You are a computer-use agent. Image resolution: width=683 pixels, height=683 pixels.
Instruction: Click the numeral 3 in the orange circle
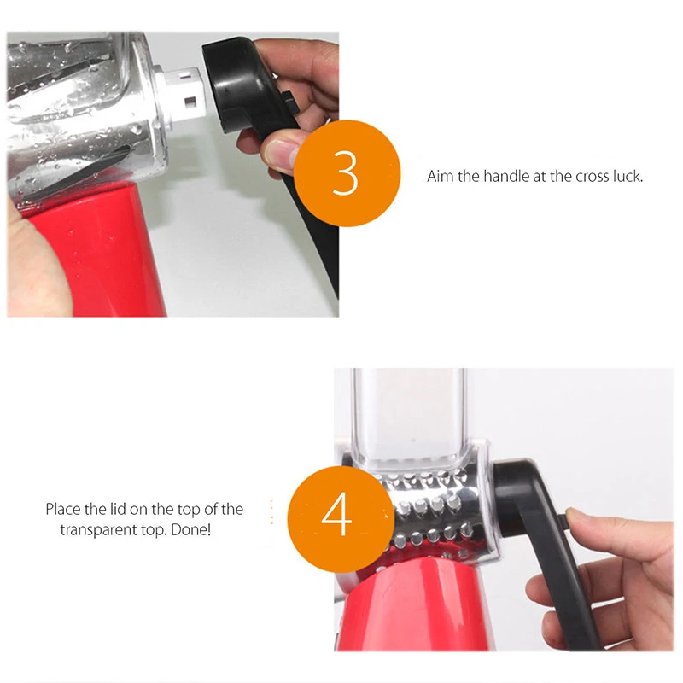tap(345, 172)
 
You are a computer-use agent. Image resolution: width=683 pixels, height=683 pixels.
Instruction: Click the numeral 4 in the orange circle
tap(336, 514)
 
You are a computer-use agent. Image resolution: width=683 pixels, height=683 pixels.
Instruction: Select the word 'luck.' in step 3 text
tap(628, 176)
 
